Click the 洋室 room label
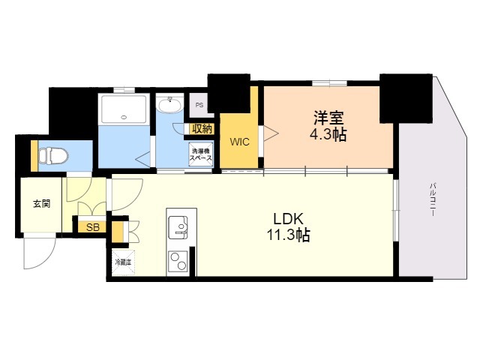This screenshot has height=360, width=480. [328, 118]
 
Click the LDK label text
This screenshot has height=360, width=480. [288, 218]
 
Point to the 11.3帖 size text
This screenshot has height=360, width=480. [288, 235]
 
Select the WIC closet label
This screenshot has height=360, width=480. [239, 141]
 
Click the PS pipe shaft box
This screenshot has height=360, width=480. [199, 106]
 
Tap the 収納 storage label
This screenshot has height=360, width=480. [202, 129]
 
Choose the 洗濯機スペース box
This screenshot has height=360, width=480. [201, 156]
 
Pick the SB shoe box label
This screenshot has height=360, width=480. [92, 226]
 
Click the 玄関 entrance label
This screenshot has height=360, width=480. [42, 203]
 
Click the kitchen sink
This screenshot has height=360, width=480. [180, 226]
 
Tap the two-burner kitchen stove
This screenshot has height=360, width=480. [180, 261]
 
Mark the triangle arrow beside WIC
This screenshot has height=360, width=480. [271, 134]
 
